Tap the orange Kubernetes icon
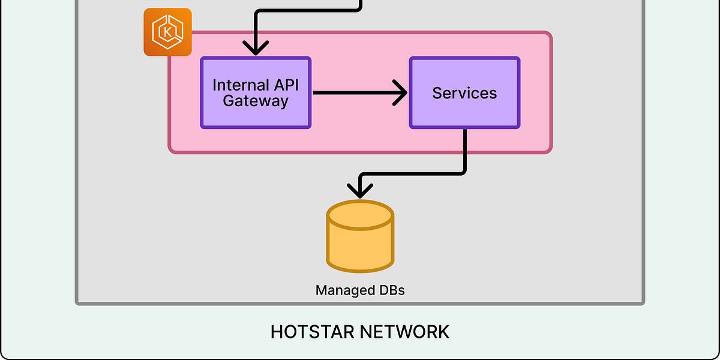167,32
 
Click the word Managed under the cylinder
343,291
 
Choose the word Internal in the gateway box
235,85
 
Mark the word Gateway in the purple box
256,101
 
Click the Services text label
464,93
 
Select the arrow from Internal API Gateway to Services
354,93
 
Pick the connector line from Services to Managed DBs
465,156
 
